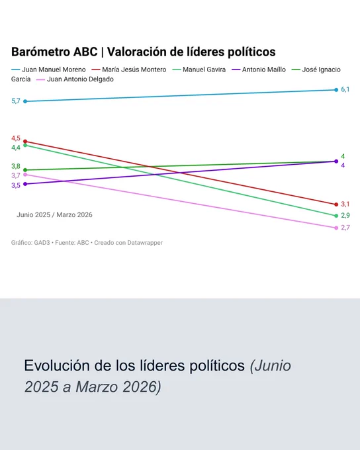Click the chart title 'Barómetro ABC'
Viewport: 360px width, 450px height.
(54, 52)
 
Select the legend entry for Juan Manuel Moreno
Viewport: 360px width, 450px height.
(48, 69)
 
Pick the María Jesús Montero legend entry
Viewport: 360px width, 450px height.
(129, 69)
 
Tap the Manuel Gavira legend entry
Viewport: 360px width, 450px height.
(199, 69)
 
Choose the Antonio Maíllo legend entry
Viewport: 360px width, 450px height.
(259, 69)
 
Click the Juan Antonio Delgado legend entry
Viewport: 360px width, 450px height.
(75, 79)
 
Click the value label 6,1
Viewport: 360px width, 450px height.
(345, 89)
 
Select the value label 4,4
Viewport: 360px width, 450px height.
(16, 148)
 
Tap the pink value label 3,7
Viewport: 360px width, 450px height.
(16, 175)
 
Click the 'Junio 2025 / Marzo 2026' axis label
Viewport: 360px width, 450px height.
(54, 214)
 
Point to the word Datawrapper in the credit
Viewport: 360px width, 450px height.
(145, 243)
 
